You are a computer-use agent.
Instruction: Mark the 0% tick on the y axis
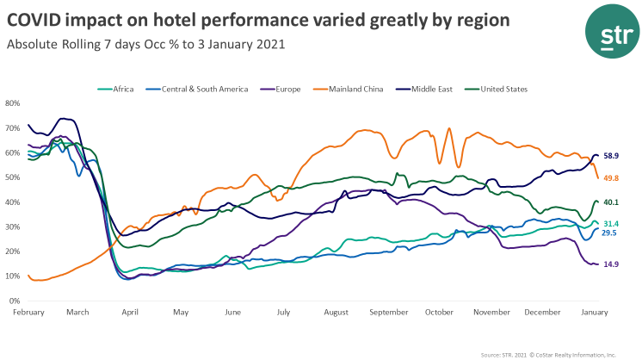(x=15, y=301)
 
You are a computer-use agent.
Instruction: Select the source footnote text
(x=548, y=353)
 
